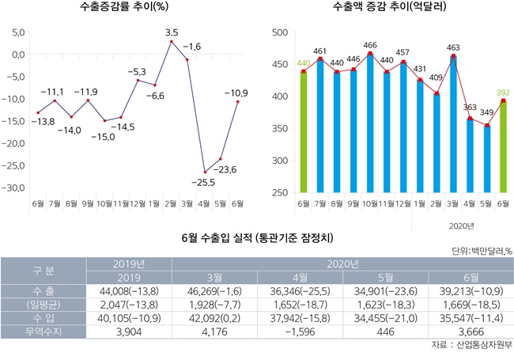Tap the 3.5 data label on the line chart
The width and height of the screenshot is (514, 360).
coord(172,32)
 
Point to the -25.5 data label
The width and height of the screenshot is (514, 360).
coord(203,181)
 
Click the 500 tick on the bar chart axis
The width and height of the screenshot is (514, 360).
coord(278,32)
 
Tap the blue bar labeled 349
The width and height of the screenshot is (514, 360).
coord(486,159)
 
